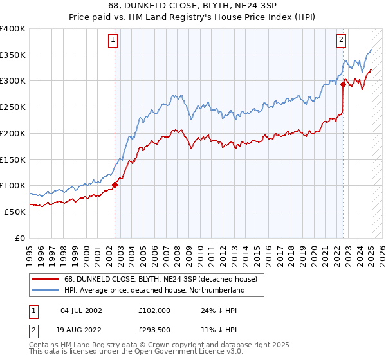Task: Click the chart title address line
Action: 193,7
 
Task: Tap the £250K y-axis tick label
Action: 13,107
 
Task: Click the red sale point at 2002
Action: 115,184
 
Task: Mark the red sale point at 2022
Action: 344,84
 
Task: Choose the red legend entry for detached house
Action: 160,278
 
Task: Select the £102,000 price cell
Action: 154,310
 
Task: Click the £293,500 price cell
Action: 154,329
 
